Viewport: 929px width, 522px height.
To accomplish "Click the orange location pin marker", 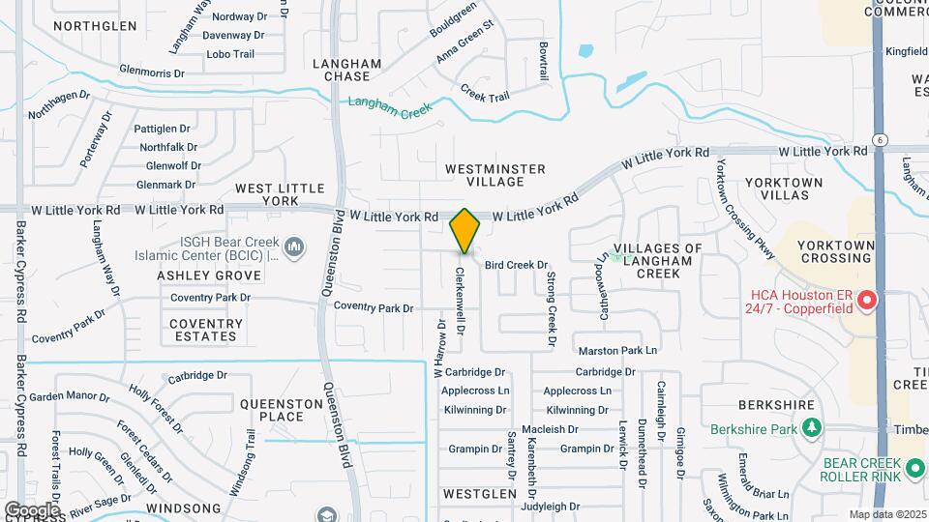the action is (464, 230).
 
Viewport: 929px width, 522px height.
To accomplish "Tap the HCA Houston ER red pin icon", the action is (867, 301).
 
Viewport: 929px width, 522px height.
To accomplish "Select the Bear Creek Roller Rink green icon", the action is (915, 470).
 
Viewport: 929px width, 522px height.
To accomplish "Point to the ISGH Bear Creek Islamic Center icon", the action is (295, 250).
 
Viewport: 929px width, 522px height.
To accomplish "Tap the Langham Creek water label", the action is (391, 106).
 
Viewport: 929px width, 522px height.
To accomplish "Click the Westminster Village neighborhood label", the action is (495, 175).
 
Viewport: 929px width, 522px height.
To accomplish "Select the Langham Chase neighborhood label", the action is (347, 70).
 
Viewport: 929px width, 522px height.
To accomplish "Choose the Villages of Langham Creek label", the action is (657, 260).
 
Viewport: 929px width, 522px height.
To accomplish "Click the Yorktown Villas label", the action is (784, 188).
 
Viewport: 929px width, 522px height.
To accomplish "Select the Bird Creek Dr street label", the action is (516, 265).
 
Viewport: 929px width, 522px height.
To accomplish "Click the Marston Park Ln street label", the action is (617, 350).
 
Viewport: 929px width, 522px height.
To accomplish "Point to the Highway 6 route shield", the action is (878, 139).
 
